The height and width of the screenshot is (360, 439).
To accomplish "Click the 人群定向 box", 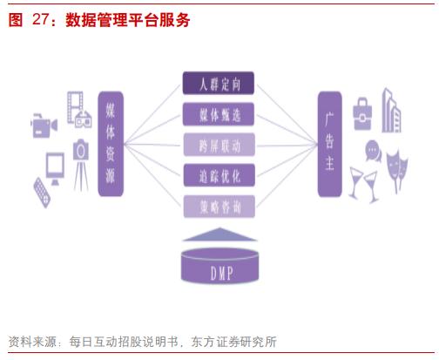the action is (x=219, y=83).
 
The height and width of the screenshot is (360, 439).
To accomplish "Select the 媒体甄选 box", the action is (x=219, y=114).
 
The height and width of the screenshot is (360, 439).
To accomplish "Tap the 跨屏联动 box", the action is (x=219, y=145).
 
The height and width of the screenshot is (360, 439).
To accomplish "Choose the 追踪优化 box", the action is (x=219, y=175).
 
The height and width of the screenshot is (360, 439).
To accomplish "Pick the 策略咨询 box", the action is (x=219, y=207).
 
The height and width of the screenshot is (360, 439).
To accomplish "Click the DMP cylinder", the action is (x=219, y=266).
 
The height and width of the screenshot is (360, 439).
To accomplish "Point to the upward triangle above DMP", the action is (x=219, y=234).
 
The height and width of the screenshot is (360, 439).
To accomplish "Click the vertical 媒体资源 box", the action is (x=111, y=144).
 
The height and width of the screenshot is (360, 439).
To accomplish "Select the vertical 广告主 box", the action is (x=329, y=144).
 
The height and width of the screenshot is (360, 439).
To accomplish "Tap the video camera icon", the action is (x=44, y=126).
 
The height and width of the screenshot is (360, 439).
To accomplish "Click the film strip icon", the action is (x=75, y=107).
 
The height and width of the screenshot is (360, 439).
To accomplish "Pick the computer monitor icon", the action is (x=55, y=168).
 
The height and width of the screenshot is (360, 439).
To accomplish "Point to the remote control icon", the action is (x=42, y=193).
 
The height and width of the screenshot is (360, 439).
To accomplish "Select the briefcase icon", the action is (x=362, y=114).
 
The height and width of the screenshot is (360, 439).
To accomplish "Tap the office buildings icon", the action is (x=391, y=111).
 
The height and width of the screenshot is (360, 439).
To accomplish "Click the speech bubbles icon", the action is (x=373, y=151).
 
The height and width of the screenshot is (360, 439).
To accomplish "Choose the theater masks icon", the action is (x=397, y=170).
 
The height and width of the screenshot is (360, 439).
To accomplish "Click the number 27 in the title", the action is (x=40, y=20).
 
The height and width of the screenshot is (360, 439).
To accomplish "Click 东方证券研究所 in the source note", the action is (x=233, y=342).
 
